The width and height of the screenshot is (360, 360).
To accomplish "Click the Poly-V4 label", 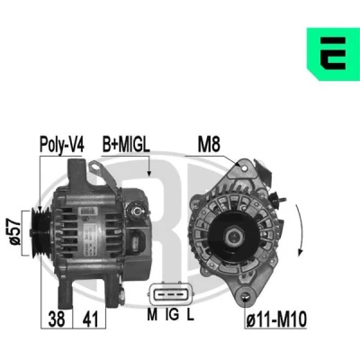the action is click(x=62, y=145).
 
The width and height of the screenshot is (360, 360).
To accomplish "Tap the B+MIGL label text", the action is click(x=126, y=144).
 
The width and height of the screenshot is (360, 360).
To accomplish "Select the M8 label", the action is click(x=209, y=144).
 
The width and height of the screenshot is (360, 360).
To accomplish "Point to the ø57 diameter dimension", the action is click(x=15, y=232).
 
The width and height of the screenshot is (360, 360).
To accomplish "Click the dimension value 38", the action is click(x=57, y=319).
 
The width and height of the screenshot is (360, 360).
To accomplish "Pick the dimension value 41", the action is click(x=90, y=319).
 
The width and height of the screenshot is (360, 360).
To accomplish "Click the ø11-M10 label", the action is click(x=276, y=319).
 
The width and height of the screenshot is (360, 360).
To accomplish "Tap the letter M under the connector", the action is click(x=152, y=314).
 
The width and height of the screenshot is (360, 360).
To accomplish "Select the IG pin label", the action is click(x=172, y=314).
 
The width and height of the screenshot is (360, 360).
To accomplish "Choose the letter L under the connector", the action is click(x=190, y=314).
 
